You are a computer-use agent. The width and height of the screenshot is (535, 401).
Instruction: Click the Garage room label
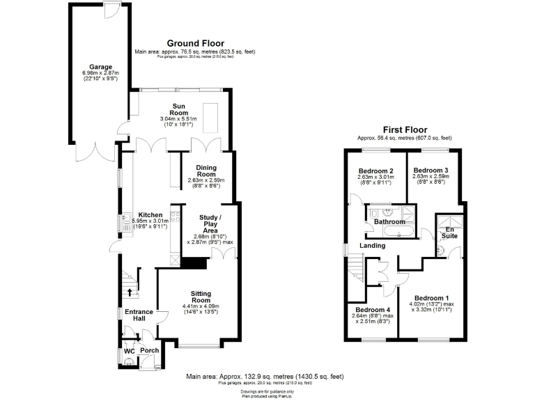(x=100, y=67)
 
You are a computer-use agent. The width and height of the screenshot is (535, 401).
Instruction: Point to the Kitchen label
(x=150, y=215)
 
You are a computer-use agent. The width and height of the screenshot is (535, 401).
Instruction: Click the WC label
(x=129, y=351)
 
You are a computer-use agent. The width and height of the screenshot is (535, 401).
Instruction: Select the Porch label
(x=149, y=351)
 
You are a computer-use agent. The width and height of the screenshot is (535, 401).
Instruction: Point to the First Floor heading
(x=404, y=129)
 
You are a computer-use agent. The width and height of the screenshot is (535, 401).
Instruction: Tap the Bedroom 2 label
(x=376, y=171)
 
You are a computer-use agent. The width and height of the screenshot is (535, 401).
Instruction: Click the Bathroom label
(x=389, y=222)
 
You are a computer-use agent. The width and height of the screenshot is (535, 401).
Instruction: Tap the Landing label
(x=373, y=245)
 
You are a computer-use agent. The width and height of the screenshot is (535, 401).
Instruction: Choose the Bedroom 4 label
(x=372, y=310)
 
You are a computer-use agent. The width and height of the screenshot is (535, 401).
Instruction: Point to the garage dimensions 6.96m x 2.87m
(x=100, y=73)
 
